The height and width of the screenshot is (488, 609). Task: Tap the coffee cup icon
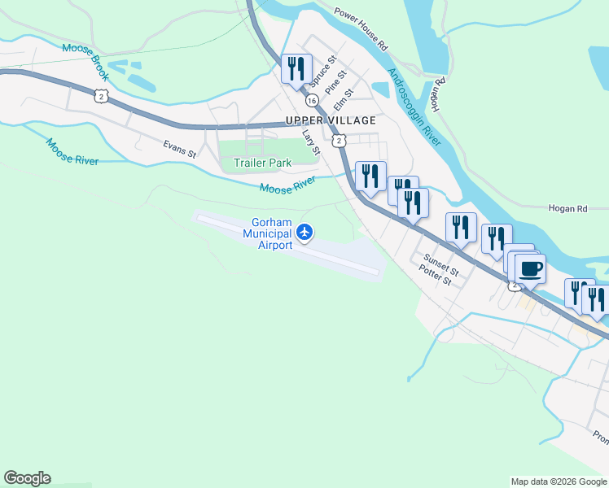pyautogui.click(x=530, y=268)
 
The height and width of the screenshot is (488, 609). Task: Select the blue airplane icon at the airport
pyautogui.click(x=304, y=233)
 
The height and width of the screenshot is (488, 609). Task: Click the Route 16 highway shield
pyautogui.click(x=312, y=101)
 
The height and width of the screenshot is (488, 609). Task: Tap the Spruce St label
pyautogui.click(x=322, y=72)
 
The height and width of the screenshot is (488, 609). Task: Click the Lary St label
pyautogui.click(x=311, y=141)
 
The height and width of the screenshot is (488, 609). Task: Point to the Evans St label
pyautogui.click(x=179, y=149)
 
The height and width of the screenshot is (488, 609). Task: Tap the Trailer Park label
pyautogui.click(x=262, y=163)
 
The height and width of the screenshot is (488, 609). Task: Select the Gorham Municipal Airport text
pyautogui.click(x=271, y=233)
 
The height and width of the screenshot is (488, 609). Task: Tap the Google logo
pyautogui.click(x=27, y=478)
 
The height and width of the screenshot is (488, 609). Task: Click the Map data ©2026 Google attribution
pyautogui.click(x=558, y=481)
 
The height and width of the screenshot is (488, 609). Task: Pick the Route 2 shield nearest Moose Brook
pyautogui.click(x=100, y=97)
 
